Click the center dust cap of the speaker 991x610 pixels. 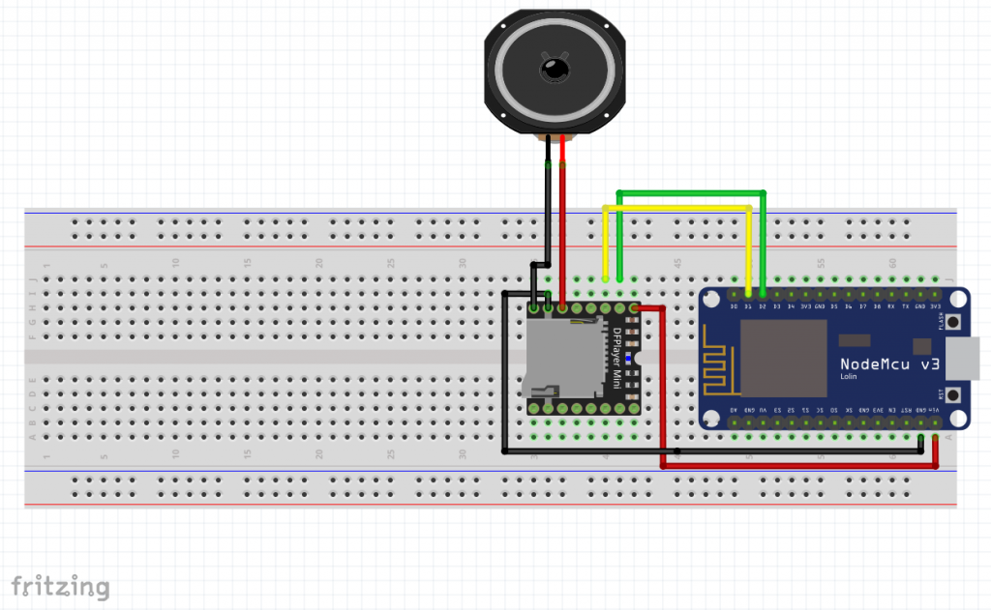pyautogui.click(x=555, y=69)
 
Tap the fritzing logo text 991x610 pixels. pyautogui.click(x=60, y=586)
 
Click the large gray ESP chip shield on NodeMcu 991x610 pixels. pyautogui.click(x=783, y=358)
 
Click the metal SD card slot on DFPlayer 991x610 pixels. pyautogui.click(x=561, y=359)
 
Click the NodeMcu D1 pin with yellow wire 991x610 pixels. pyautogui.click(x=749, y=292)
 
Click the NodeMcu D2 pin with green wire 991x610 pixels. pyautogui.click(x=764, y=292)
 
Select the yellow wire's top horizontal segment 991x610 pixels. pyautogui.click(x=677, y=207)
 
